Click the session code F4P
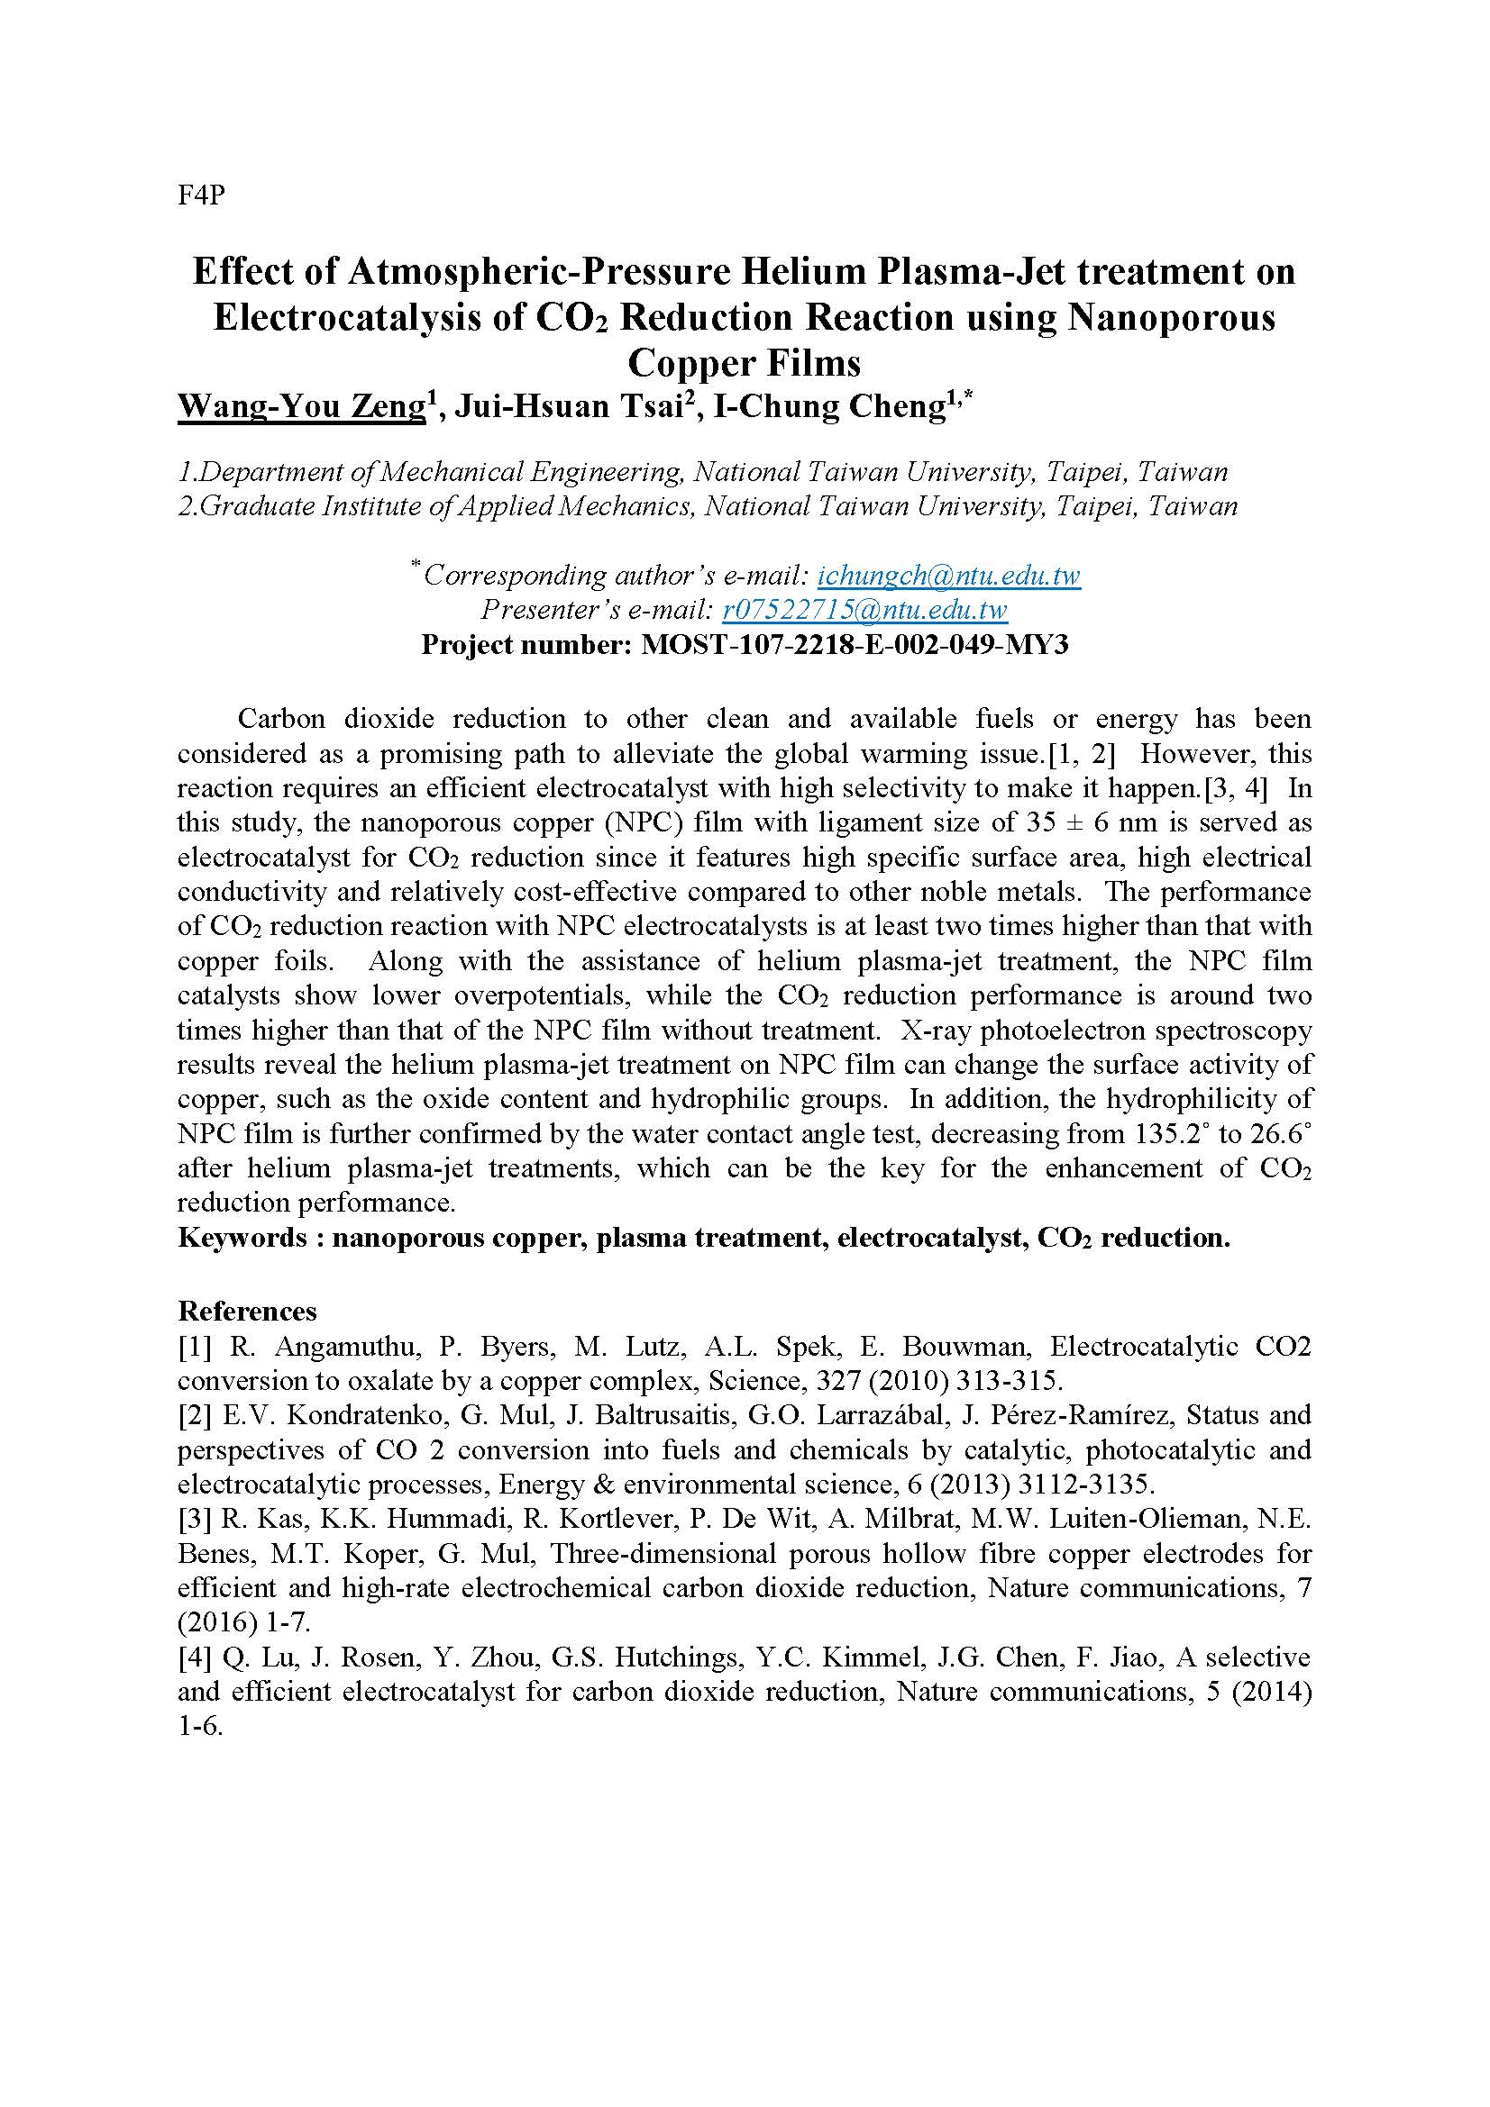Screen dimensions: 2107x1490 200,195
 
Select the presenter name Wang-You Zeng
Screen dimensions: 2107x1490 299,406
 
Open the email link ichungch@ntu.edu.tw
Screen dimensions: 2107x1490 948,576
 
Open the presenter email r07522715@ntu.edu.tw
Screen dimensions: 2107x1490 864,610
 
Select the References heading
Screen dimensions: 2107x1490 247,1311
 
